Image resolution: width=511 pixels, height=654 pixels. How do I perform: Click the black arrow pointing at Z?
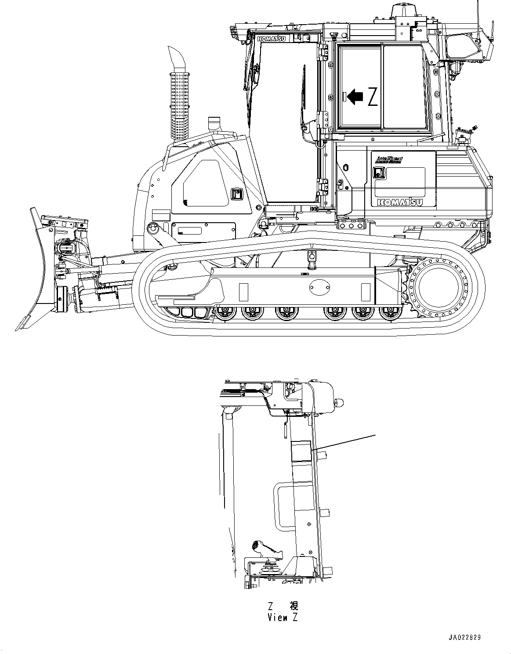pyautogui.click(x=355, y=96)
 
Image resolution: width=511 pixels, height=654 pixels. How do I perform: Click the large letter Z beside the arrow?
pyautogui.click(x=372, y=97)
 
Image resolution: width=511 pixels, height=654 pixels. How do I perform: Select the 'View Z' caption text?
pyautogui.click(x=283, y=617)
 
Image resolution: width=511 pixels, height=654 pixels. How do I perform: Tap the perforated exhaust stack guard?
pyautogui.click(x=181, y=105)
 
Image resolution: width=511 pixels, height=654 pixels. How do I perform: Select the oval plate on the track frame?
pyautogui.click(x=319, y=289)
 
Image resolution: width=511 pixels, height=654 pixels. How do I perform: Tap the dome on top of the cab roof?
pyautogui.click(x=403, y=9)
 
